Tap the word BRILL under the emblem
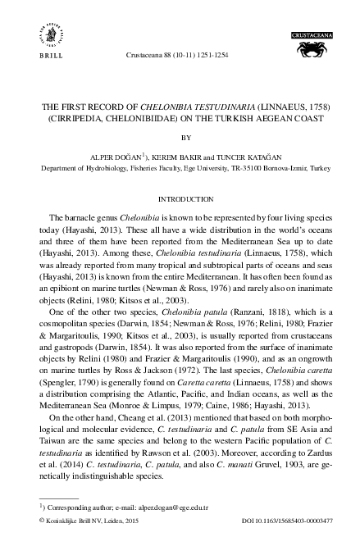pos(44,57)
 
